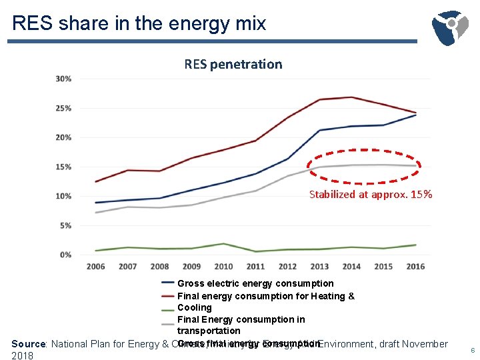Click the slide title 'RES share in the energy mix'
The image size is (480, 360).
139,23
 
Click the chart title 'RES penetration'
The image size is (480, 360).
233,64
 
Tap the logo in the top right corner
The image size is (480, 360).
451,27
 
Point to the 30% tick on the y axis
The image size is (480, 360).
64,79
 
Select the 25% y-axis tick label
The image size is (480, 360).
64,108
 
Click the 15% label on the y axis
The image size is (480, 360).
64,167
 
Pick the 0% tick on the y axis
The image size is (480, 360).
65,255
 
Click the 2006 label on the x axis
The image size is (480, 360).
96,267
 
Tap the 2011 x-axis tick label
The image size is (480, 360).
255,267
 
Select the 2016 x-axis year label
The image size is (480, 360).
415,267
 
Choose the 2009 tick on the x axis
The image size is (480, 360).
192,267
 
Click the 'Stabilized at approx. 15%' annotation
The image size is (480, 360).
371,195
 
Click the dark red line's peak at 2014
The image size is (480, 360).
351,97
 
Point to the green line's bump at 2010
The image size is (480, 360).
224,244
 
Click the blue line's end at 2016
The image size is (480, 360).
416,115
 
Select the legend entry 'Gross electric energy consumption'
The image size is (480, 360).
255,283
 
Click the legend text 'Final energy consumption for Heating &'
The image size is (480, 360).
265,296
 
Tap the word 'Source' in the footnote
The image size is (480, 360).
28,344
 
